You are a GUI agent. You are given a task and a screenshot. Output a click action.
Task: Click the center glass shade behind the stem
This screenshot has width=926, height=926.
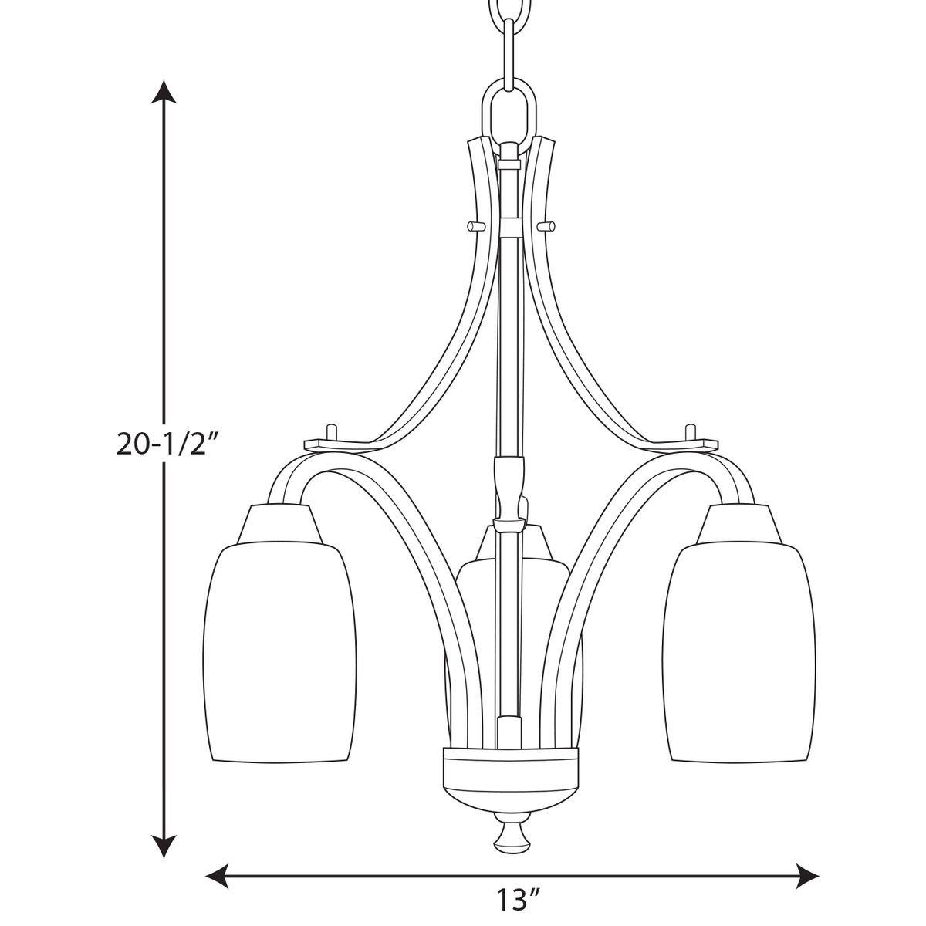(471, 617)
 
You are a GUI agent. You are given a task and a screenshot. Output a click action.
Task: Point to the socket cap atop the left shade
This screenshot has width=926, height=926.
(279, 525)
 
